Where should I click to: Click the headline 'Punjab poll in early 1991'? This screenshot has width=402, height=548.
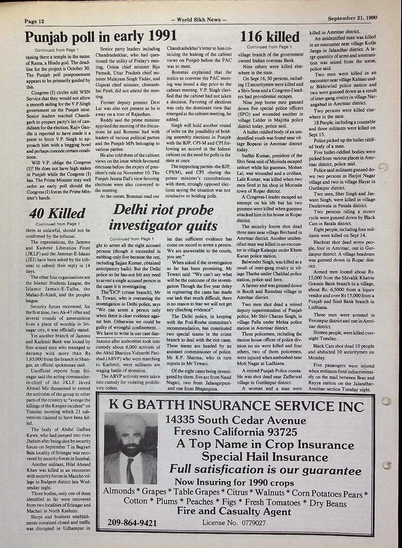(x=100, y=37)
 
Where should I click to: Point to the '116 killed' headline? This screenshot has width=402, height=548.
(x=270, y=37)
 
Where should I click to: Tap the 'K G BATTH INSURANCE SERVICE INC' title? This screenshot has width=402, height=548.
(x=234, y=406)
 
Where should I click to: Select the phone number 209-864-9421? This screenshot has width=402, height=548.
(x=132, y=523)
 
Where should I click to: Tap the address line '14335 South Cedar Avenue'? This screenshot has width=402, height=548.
(x=236, y=420)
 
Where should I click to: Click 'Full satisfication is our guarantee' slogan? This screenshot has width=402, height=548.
(x=265, y=470)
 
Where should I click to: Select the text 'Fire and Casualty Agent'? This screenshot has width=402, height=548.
(x=234, y=511)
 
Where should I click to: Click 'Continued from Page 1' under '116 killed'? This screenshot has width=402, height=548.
(x=269, y=47)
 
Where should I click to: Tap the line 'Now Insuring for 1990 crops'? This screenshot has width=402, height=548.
(x=234, y=482)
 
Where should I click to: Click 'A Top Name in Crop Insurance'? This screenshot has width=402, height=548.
(x=265, y=444)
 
